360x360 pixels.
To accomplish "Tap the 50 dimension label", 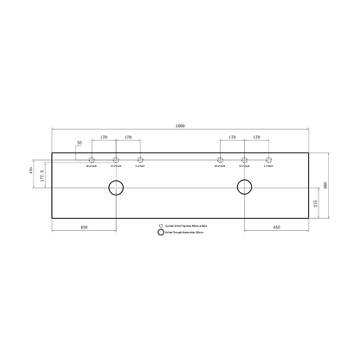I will pos(79,142).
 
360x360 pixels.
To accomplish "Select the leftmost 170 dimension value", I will pos(104,138).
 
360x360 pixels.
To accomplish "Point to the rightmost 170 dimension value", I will pos(257,138).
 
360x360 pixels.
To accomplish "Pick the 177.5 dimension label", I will pos(40,172).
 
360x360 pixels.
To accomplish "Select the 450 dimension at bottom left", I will pos(84,228).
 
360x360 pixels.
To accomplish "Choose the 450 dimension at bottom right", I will pos(276,228).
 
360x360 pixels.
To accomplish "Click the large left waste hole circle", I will pos(116,188).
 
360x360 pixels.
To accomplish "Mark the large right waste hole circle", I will pos(245,188).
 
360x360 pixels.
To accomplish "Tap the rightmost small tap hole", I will pos(269,160).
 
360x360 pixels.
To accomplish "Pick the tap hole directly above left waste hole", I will pos(116,160).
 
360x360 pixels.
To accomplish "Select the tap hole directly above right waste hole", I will pos(245,160).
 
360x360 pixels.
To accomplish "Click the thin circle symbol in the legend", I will pos(160,225).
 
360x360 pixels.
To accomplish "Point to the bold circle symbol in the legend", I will pos(160,232).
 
